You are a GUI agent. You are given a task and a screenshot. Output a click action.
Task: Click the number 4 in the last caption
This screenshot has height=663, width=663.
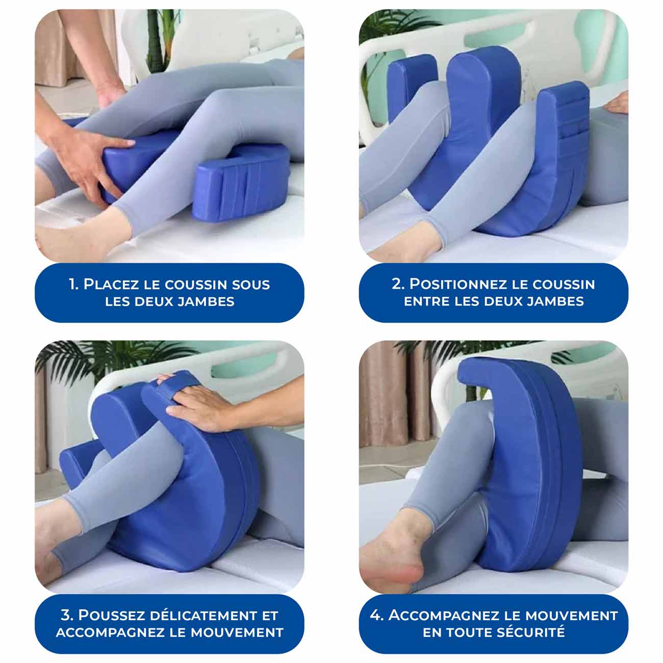click(x=376, y=616)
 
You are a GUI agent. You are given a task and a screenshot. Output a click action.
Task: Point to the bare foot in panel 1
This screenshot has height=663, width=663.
click(x=76, y=240)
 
